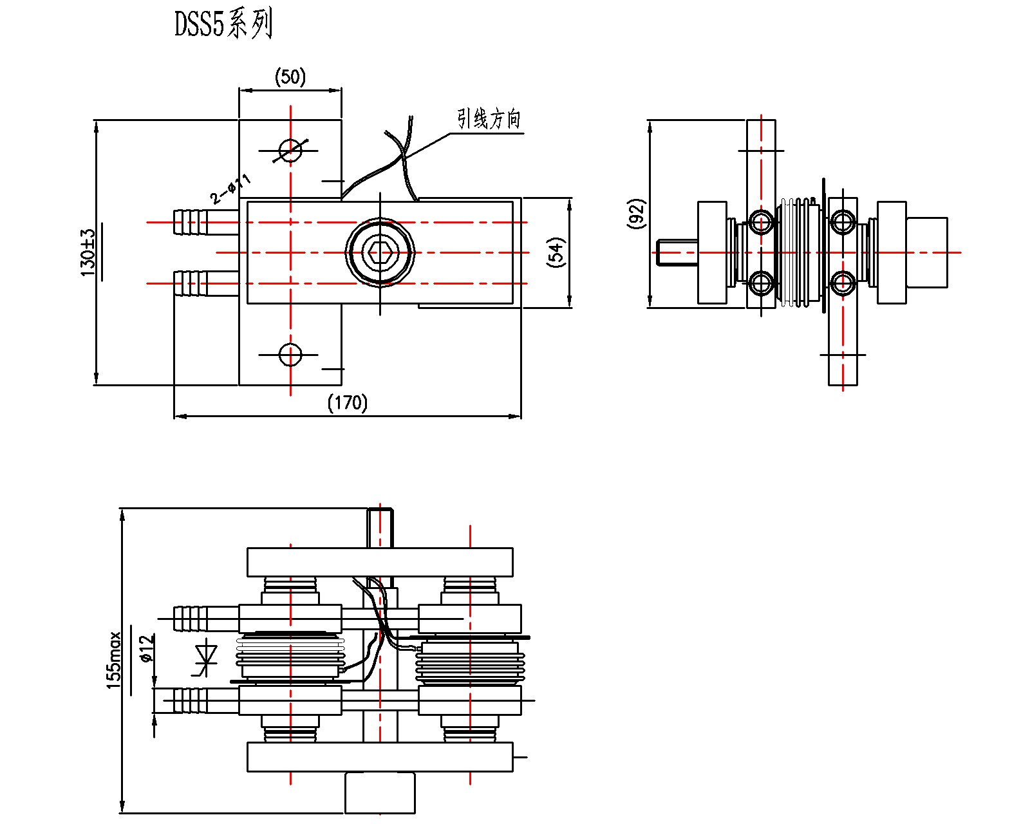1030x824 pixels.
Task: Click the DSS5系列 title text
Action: (223, 24)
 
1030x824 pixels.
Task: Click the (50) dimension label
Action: (290, 77)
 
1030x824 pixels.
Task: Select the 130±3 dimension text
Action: (88, 252)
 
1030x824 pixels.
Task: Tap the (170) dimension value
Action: (348, 402)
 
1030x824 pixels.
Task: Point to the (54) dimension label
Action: (556, 252)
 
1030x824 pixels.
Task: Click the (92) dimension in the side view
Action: (636, 214)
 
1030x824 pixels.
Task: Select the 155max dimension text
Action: (114, 660)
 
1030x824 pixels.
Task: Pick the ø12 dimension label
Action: (146, 649)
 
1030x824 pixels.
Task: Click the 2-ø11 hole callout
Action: (230, 189)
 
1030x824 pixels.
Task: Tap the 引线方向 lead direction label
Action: (489, 119)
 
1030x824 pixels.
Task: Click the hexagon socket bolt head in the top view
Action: (380, 252)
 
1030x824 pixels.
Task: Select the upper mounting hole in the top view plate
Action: (290, 151)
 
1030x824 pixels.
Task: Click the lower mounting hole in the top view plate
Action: (290, 354)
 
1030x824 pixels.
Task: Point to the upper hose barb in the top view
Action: (191, 222)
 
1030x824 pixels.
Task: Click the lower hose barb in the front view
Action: (191, 700)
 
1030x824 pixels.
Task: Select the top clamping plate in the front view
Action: (380, 562)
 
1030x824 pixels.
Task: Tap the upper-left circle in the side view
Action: (761, 222)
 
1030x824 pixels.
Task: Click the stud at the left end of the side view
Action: (677, 252)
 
